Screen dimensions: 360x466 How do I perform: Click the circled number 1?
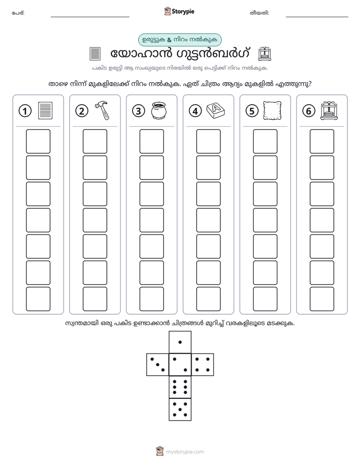[25, 111]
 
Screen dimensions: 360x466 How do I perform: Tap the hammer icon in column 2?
[102, 110]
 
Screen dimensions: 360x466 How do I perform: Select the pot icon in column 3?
[159, 111]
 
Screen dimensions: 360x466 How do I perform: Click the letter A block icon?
[216, 111]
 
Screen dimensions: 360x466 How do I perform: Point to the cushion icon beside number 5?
[272, 111]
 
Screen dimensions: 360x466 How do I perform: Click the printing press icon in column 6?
[329, 111]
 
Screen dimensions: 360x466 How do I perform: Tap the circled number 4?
[195, 111]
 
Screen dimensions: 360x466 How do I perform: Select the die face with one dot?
[180, 342]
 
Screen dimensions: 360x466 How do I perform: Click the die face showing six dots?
[180, 387]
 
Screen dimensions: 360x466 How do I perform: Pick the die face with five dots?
[180, 409]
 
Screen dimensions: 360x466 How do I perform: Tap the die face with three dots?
[158, 364]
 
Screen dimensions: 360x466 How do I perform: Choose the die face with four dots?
[203, 364]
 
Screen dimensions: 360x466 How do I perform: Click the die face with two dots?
[180, 364]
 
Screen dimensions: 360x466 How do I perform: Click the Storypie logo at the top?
[179, 12]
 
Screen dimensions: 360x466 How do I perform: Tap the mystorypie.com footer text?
[185, 452]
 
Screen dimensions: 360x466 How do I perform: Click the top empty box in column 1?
[38, 141]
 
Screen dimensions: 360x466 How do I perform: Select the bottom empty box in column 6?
[322, 299]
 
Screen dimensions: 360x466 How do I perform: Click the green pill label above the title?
[179, 40]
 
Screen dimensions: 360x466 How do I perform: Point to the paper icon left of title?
[95, 54]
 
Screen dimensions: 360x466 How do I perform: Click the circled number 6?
[309, 111]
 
